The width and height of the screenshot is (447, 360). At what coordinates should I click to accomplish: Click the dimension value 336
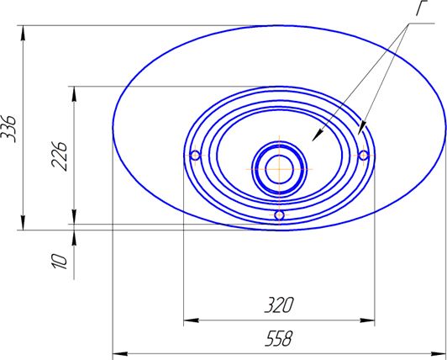pyautogui.click(x=9, y=128)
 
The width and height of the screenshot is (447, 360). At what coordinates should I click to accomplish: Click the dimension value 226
pyautogui.click(x=60, y=156)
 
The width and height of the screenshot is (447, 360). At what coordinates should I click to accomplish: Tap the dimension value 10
pyautogui.click(x=60, y=261)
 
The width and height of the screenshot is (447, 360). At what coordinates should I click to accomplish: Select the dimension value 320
pyautogui.click(x=278, y=305)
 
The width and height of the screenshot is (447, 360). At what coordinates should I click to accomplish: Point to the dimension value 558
pyautogui.click(x=278, y=339)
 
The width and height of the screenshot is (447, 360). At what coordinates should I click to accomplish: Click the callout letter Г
pyautogui.click(x=423, y=8)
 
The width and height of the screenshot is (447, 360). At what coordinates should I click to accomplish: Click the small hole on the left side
pyautogui.click(x=195, y=156)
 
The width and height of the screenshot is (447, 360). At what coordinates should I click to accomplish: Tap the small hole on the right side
pyautogui.click(x=364, y=156)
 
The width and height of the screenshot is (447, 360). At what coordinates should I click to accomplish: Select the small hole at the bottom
pyautogui.click(x=279, y=215)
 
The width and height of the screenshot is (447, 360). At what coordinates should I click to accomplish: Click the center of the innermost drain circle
pyautogui.click(x=279, y=169)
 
